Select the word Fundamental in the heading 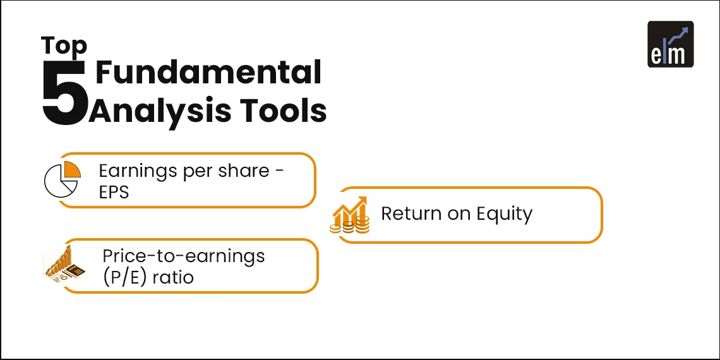coord(208,72)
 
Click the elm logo coord(670,44)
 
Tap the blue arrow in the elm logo coord(678,36)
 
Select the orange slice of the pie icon coord(73,169)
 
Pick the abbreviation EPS coord(114,192)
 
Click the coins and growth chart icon coord(350,215)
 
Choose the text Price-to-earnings coord(184,256)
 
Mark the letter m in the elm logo coord(677,54)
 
